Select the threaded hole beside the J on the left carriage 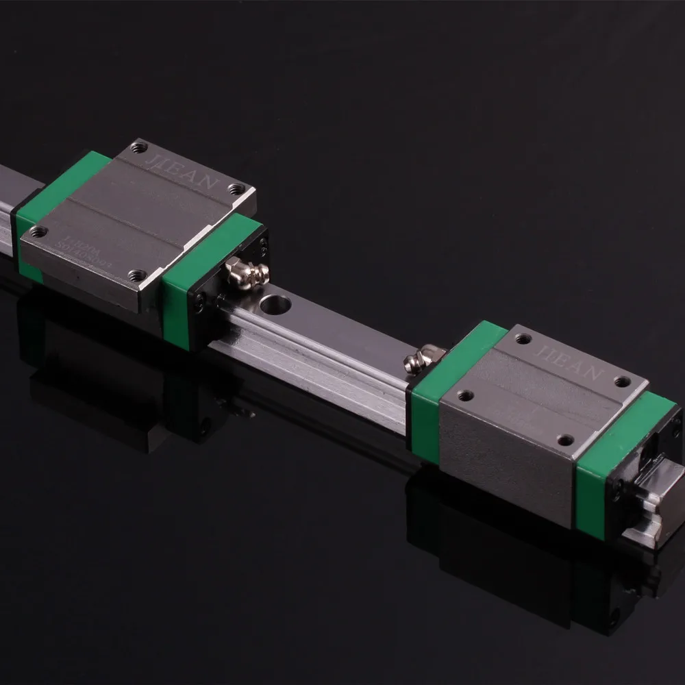point(141,146)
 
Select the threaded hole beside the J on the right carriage point(524,338)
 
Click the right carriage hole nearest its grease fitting point(466,395)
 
